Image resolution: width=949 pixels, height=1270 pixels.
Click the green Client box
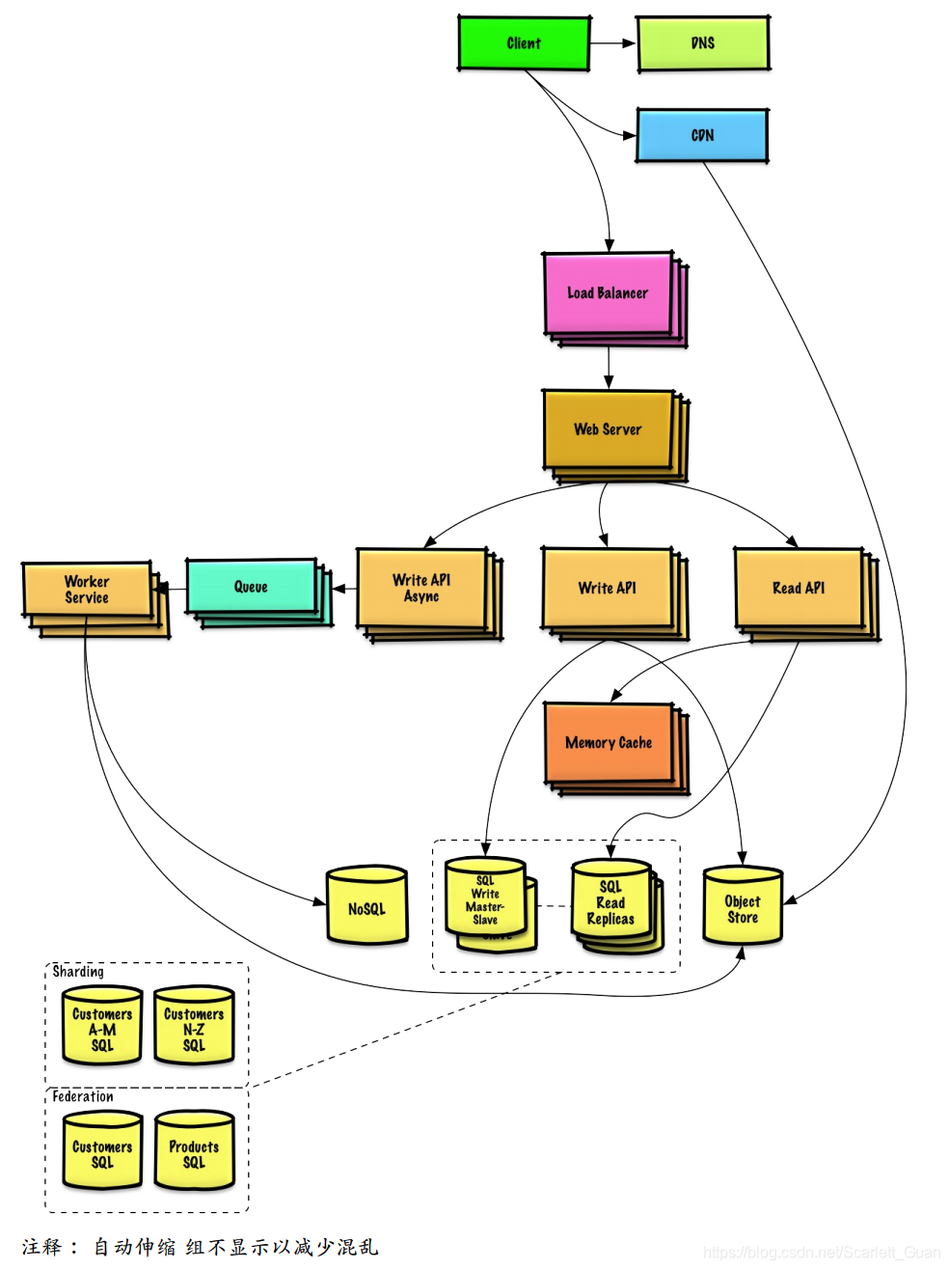click(524, 42)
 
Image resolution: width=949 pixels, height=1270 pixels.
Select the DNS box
click(703, 42)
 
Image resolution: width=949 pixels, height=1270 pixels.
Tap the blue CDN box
click(702, 135)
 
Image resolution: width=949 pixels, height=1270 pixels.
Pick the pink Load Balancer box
click(608, 293)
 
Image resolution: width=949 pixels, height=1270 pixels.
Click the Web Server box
click(608, 428)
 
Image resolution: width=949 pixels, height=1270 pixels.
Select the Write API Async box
click(421, 588)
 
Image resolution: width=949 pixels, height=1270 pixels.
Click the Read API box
click(799, 588)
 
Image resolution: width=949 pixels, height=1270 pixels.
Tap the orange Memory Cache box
click(609, 742)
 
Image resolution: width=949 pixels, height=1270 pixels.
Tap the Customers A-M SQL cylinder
click(102, 1025)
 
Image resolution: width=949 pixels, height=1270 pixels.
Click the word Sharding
click(78, 971)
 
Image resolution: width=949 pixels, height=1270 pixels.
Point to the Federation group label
click(83, 1096)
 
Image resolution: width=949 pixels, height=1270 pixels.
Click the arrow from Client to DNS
click(612, 42)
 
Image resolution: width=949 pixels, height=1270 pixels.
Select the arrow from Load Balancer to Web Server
click(608, 368)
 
